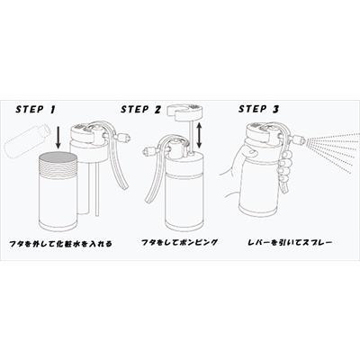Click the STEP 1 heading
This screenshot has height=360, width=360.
point(36,109)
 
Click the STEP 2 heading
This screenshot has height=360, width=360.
point(140,109)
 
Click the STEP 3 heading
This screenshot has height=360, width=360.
point(258,109)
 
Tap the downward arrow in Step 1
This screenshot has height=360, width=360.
point(58,138)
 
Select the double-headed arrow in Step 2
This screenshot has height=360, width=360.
point(199,136)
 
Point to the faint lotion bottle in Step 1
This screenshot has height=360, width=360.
point(26,140)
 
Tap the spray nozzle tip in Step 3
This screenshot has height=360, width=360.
point(303,139)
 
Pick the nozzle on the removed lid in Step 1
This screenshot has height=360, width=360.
point(122,139)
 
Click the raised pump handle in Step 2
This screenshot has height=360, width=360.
point(184,112)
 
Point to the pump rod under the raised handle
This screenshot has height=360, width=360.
point(191,136)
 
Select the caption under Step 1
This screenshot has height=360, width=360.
point(60,244)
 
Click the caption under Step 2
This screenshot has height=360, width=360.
point(179,242)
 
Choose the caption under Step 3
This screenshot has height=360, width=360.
point(290,241)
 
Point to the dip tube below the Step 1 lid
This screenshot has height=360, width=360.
point(96,188)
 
